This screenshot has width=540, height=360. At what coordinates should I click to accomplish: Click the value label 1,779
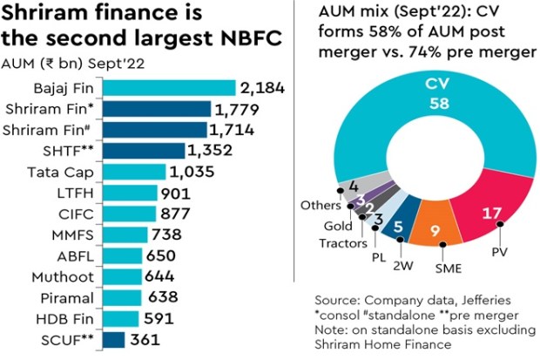click(x=240, y=109)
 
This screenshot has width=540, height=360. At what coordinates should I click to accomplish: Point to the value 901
click(x=181, y=193)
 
